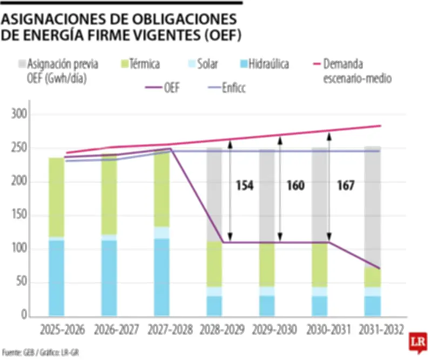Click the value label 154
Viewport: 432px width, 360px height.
[244, 186]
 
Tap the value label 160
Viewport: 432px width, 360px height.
[295, 186]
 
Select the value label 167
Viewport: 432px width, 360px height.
[345, 186]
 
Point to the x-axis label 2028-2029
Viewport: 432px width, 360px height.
[222, 329]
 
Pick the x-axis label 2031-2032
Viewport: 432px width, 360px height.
[380, 329]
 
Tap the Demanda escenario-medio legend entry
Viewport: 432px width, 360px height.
[356, 71]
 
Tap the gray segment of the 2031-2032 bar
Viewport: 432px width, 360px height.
[372, 205]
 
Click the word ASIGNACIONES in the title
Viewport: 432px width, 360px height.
[55, 19]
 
